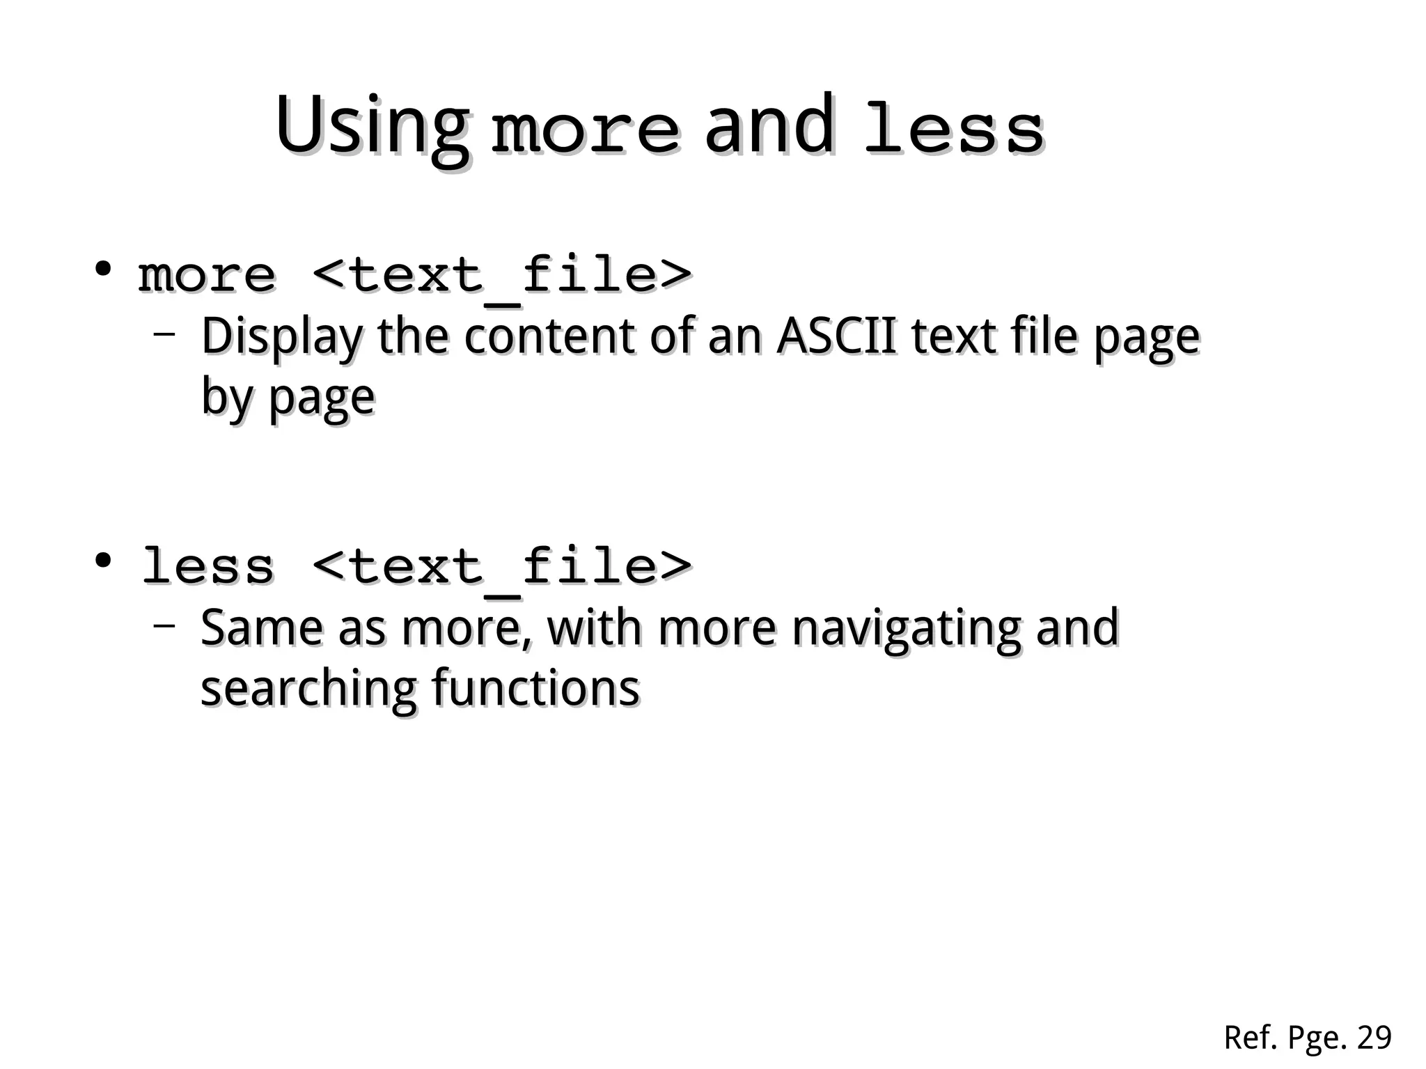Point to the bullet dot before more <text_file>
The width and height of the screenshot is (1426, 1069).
tap(104, 269)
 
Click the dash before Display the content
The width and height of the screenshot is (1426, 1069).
tap(164, 334)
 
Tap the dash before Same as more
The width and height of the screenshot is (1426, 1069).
tap(164, 625)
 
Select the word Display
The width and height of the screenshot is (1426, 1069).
tap(282, 338)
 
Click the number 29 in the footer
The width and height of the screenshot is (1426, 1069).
tap(1374, 1038)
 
